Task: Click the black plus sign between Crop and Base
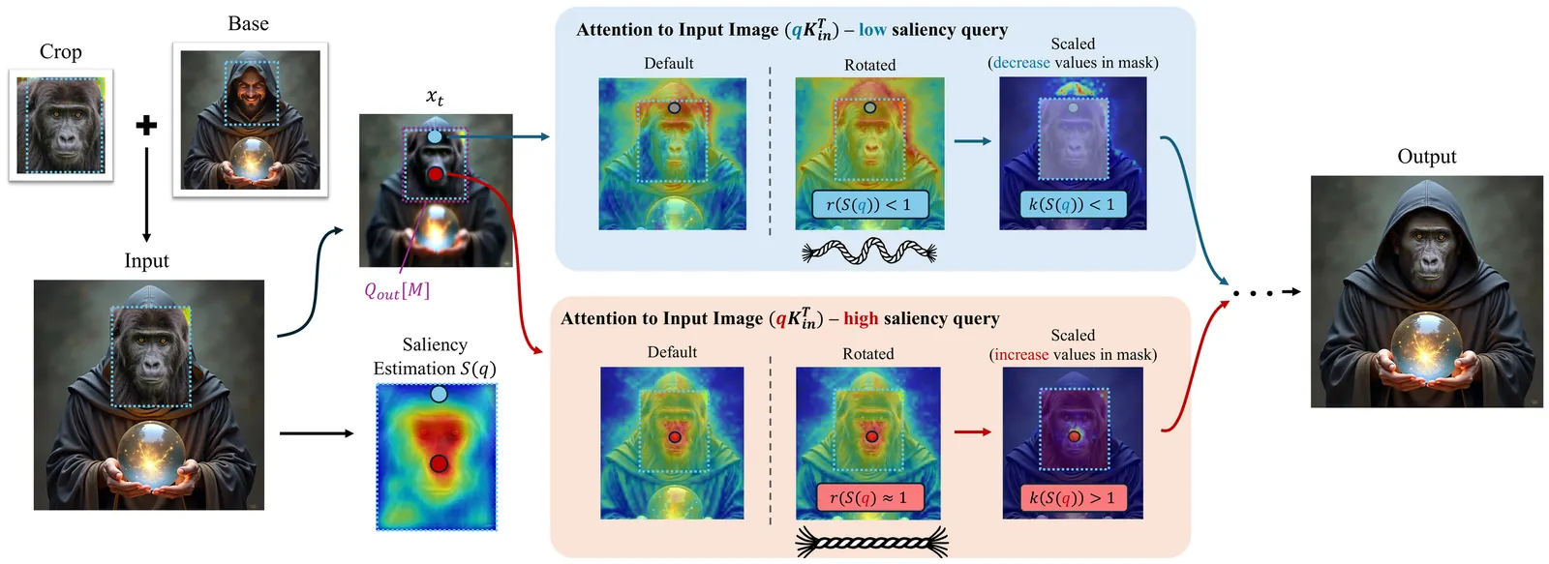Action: point(146,125)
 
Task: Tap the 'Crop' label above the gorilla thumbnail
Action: point(60,52)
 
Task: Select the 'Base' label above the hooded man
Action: point(248,24)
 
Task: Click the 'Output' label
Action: point(1426,157)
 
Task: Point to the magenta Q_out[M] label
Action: point(396,290)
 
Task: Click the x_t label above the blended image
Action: point(435,97)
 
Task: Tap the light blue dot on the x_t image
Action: point(435,137)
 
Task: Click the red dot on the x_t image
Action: point(436,174)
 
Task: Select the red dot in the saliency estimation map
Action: point(439,464)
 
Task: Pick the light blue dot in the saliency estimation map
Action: point(439,394)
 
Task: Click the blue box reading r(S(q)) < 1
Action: point(868,204)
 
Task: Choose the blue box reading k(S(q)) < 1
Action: point(1072,204)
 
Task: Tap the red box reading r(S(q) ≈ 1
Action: point(868,497)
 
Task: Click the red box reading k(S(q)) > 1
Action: point(1072,497)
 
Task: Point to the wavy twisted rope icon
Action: point(869,252)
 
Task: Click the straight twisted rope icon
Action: point(871,543)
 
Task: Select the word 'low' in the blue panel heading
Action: point(872,30)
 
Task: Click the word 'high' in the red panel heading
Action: point(861,318)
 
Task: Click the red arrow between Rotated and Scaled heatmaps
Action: point(972,431)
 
